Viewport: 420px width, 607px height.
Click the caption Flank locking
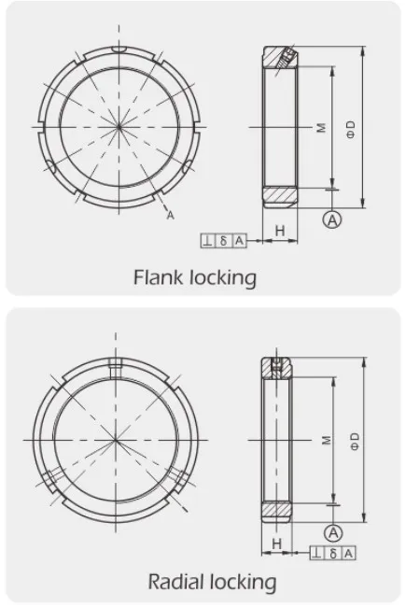[194, 277]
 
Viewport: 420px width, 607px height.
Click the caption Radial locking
[212, 582]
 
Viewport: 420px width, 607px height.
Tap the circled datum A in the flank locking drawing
[330, 219]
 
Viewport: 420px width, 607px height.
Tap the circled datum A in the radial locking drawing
[332, 532]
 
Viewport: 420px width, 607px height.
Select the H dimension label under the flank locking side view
[279, 230]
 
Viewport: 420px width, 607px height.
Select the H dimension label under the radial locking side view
[276, 543]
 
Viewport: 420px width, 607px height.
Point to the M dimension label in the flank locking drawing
[321, 127]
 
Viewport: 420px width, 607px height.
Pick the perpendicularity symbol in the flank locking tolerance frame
[206, 241]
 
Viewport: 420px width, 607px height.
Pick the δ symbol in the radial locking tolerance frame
[334, 554]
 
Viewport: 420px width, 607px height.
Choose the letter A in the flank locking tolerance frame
[239, 241]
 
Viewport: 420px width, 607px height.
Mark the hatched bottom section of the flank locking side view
[278, 197]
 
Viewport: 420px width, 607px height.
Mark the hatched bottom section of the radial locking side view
[277, 511]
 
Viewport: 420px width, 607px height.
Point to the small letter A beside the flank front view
[171, 216]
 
